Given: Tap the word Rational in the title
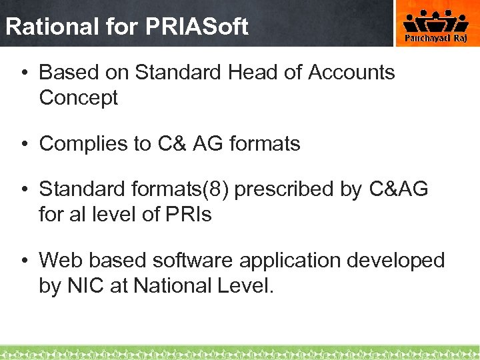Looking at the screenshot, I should click(43, 27).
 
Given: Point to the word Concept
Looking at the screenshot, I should click(79, 97).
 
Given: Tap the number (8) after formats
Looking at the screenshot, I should click(221, 189).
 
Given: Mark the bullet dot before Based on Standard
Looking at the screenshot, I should click(23, 72).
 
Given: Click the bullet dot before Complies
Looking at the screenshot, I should click(23, 143).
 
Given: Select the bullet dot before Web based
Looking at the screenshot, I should click(23, 260).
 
